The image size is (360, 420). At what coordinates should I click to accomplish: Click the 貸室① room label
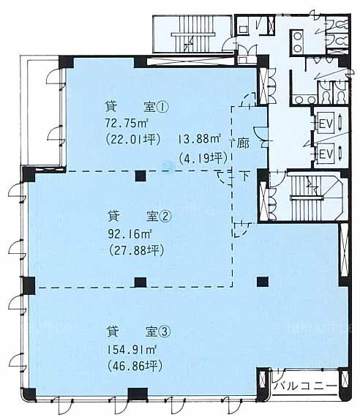click(x=137, y=108)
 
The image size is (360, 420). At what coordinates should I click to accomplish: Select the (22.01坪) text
click(x=133, y=140)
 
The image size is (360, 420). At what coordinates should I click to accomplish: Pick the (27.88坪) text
click(x=136, y=251)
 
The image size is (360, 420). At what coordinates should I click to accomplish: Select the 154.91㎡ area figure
click(x=132, y=350)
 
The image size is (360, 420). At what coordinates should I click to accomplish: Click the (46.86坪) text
click(x=135, y=366)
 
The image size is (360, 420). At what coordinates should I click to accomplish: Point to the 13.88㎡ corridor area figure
click(x=199, y=139)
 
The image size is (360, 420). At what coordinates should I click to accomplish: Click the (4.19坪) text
click(x=203, y=158)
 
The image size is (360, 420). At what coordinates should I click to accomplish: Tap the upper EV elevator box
click(x=326, y=124)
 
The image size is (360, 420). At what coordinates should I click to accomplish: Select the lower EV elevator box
click(x=326, y=154)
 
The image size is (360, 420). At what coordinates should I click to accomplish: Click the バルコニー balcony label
click(x=305, y=386)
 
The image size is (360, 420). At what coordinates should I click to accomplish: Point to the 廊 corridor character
click(x=243, y=143)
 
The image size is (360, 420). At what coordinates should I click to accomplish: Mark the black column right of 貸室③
click(x=263, y=282)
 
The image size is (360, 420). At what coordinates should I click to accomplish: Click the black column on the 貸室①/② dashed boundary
click(x=140, y=176)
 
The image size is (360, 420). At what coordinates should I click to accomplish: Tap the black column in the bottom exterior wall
click(x=138, y=394)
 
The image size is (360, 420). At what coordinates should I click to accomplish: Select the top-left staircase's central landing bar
click(x=193, y=35)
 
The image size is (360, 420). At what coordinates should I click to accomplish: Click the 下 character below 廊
click(x=244, y=176)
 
